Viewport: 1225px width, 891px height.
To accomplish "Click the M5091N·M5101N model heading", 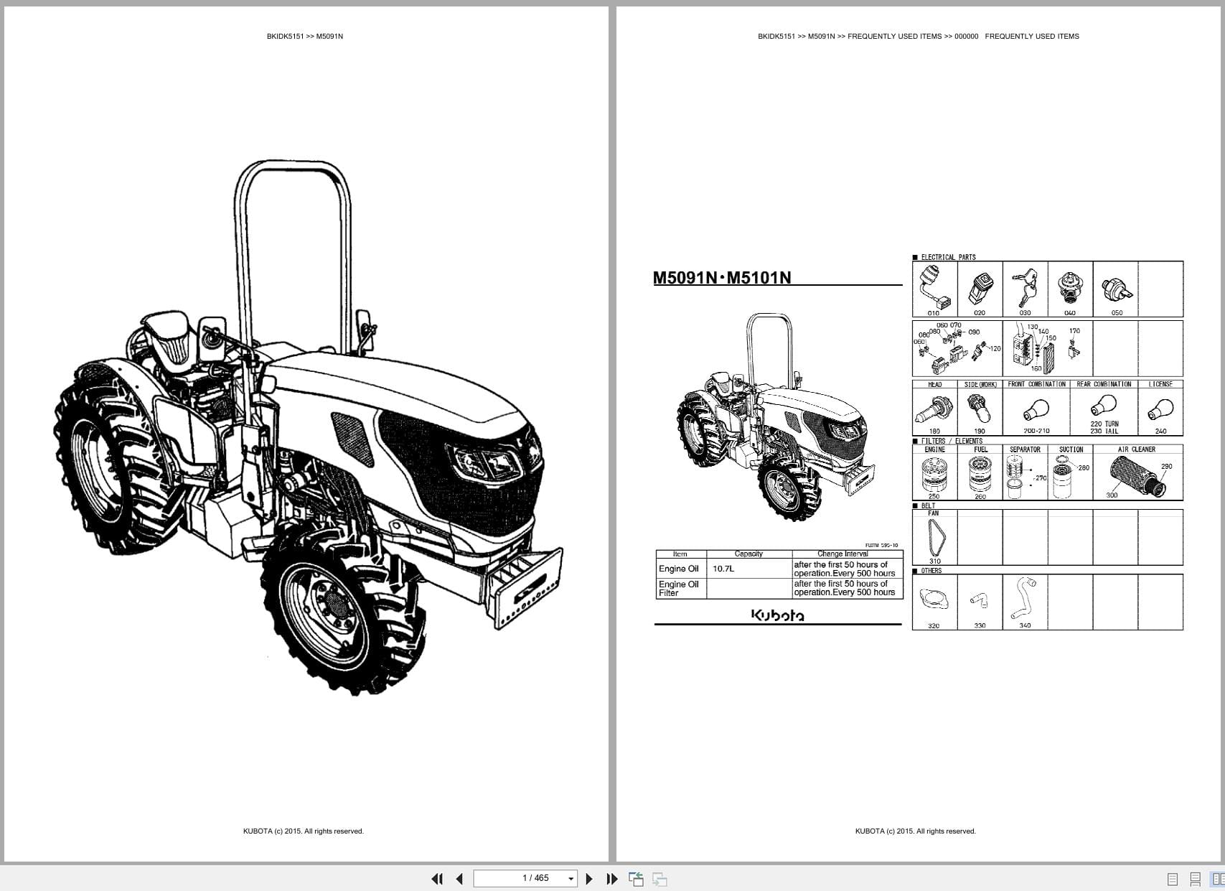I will [722, 278].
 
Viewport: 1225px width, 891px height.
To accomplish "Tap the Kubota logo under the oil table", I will [777, 615].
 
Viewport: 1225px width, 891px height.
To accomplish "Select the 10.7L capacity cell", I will [723, 569].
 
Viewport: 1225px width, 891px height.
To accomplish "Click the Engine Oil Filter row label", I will [678, 589].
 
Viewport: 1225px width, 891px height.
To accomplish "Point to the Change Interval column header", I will [843, 554].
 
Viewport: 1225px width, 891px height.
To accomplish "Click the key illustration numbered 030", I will [1024, 288].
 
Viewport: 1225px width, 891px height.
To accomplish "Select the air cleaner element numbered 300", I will [1136, 474].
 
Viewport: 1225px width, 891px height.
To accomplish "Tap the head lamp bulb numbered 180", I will [934, 410].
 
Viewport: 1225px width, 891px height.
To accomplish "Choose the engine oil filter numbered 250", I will [934, 474].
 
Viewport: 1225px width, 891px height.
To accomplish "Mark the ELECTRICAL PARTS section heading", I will [948, 257].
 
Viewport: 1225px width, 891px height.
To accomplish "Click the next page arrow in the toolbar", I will [589, 879].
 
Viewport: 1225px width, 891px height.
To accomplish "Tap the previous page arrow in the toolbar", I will [459, 879].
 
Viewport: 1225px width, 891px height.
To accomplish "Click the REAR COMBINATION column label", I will [1104, 384].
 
